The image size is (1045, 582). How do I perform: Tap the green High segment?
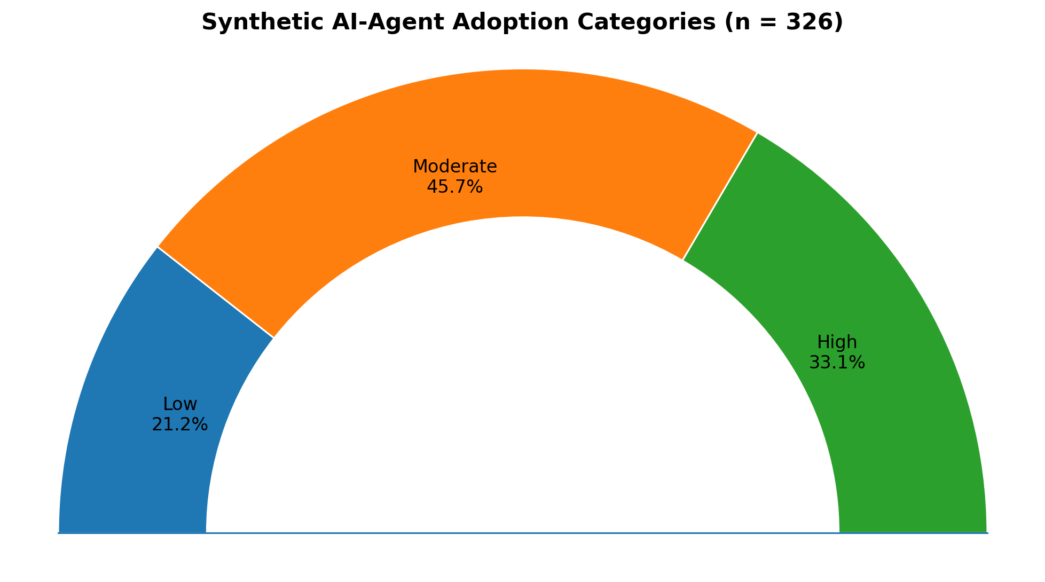[876, 374]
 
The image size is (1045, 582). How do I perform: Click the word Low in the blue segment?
[180, 404]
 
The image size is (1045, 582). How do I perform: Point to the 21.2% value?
[180, 424]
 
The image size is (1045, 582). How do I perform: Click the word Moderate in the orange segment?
[455, 167]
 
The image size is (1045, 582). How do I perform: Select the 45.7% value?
[455, 187]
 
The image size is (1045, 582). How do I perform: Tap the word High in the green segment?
[837, 342]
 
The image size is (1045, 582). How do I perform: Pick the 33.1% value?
[837, 363]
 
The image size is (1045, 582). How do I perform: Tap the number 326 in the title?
[812, 23]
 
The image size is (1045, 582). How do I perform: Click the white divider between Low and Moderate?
[216, 292]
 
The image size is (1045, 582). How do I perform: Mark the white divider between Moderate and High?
[720, 196]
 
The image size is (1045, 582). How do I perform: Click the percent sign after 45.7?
[476, 187]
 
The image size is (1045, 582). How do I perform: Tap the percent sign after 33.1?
[858, 363]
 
